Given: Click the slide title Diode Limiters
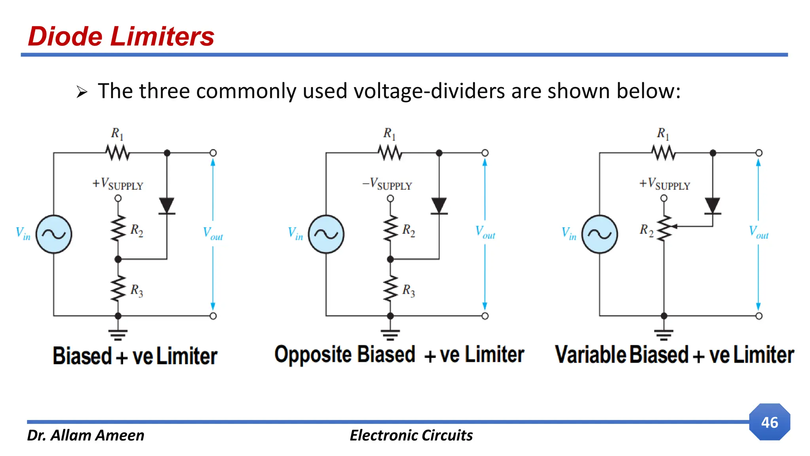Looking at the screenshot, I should [121, 36].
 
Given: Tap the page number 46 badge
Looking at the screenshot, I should [769, 422].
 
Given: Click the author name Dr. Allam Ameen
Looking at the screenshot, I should [85, 435].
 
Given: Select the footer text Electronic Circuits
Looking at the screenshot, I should [411, 435].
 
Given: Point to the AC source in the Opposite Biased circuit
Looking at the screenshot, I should [326, 234].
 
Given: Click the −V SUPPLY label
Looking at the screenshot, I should [387, 184].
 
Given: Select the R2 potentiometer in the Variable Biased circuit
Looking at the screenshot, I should [664, 228].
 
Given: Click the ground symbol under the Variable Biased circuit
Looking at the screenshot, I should [664, 334].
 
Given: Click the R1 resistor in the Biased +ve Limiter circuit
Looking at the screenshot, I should [117, 153].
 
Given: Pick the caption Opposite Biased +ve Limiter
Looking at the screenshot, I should [399, 355].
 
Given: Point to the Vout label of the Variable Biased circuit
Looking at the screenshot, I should [759, 232].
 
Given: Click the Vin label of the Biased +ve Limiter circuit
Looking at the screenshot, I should [23, 234].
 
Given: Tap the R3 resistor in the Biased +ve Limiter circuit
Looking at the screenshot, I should [118, 289].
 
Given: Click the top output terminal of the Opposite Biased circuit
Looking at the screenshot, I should [485, 153].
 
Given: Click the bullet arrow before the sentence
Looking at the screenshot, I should [81, 93].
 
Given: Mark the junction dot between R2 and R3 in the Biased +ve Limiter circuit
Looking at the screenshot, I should [118, 259].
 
